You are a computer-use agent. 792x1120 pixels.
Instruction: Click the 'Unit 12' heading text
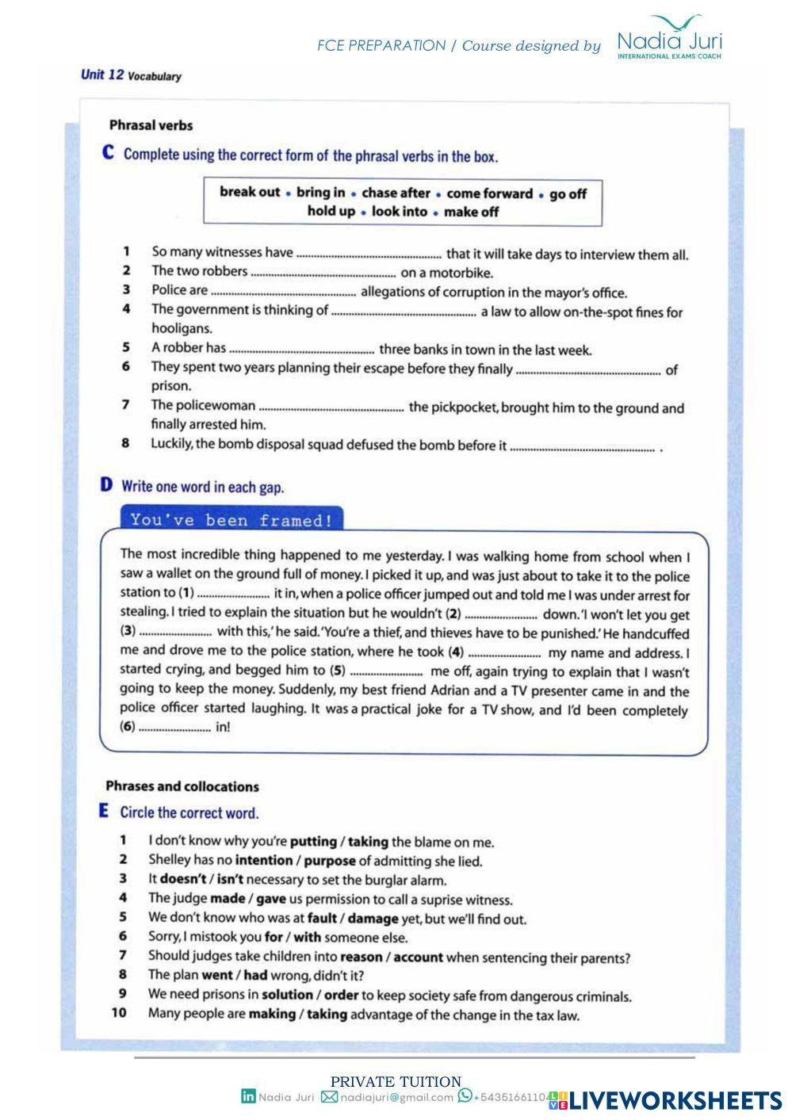pos(102,75)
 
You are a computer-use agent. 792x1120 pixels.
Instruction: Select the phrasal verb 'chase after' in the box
pos(396,193)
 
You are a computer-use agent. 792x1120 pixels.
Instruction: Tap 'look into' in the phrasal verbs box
pos(399,212)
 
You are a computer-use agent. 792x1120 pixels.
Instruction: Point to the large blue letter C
pos(109,153)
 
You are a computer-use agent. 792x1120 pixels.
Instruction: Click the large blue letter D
pos(107,485)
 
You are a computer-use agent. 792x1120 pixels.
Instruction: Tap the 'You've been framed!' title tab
pos(231,520)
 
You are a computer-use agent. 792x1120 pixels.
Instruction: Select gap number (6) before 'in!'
pos(174,727)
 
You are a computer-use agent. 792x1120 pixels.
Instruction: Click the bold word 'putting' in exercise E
pos(313,842)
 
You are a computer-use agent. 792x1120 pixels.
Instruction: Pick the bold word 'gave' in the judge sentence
pos(271,899)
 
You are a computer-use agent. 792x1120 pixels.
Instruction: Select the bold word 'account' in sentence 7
pos(418,957)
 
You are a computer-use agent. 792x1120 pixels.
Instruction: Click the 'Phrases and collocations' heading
pos(182,786)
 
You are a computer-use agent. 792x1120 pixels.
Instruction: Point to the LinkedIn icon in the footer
pos(248,1097)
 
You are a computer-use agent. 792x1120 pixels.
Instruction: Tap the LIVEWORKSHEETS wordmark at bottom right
pos(675,1100)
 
